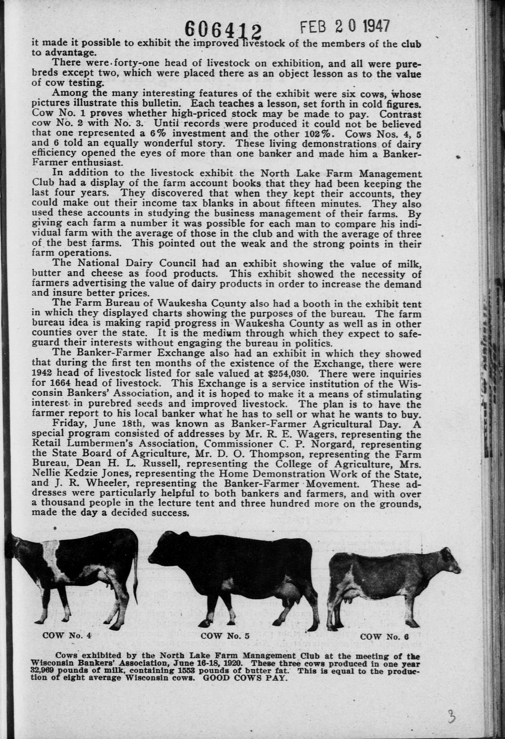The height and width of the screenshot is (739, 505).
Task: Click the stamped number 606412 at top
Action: tap(223, 30)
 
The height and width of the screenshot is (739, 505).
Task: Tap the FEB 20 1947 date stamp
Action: tap(345, 27)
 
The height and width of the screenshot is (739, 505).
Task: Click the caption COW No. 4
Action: tap(67, 636)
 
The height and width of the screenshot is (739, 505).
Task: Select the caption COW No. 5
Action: tap(225, 636)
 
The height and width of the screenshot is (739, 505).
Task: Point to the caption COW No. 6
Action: tap(385, 637)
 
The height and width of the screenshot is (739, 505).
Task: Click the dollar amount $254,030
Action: tap(288, 374)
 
